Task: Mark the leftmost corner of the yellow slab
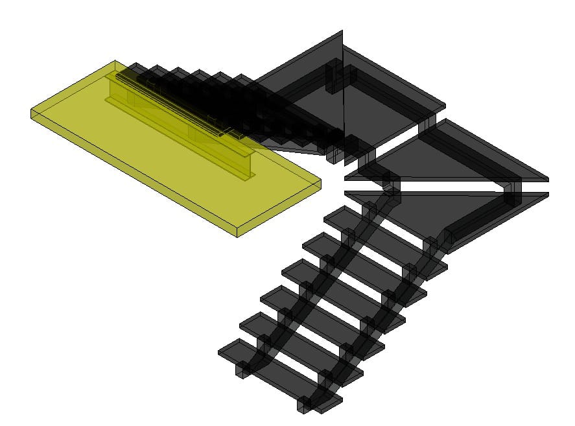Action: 31,114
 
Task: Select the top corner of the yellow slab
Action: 115,62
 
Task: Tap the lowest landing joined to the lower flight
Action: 467,214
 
